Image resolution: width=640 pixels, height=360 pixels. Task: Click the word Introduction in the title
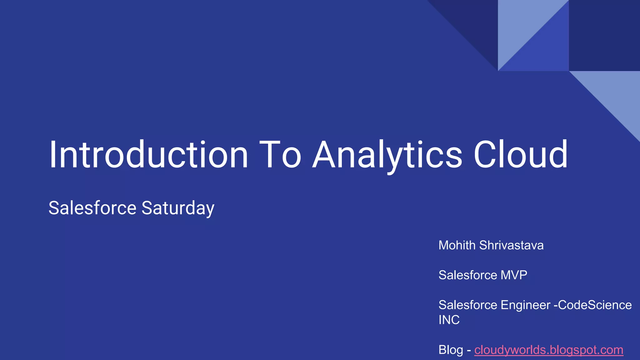click(x=148, y=155)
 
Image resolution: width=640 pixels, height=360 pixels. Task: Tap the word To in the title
click(x=280, y=155)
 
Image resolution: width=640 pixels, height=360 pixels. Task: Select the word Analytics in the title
click(x=387, y=155)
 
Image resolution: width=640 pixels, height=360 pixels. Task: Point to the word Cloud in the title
click(x=521, y=155)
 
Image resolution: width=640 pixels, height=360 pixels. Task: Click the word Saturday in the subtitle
click(x=178, y=208)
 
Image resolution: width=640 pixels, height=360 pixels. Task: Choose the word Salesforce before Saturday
click(x=92, y=208)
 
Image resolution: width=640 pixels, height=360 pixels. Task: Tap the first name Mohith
click(x=457, y=245)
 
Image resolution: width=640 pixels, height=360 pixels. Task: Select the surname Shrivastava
click(x=511, y=245)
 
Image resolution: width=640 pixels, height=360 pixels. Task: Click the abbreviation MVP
click(x=514, y=275)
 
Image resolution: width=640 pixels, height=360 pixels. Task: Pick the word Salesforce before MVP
click(x=468, y=275)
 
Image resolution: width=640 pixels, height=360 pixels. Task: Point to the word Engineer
click(x=525, y=305)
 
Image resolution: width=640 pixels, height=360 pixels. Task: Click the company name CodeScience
click(x=595, y=305)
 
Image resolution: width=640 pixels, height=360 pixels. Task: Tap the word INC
click(x=449, y=320)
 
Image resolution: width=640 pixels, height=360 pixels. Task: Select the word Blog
click(x=451, y=350)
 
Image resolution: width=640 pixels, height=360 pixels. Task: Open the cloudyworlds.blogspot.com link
click(x=549, y=350)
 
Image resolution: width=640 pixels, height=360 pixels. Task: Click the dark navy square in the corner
click(x=604, y=35)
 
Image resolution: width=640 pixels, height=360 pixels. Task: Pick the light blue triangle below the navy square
click(x=617, y=94)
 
